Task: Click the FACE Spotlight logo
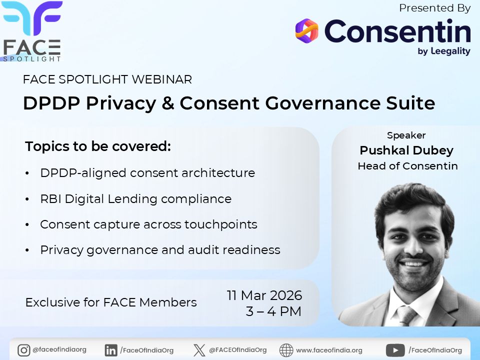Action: point(32,31)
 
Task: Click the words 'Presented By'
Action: point(435,8)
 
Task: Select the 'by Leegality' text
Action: point(443,51)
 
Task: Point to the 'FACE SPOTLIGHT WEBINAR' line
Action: point(107,79)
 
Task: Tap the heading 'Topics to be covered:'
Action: point(98,147)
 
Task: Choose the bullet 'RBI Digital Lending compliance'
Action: point(135,199)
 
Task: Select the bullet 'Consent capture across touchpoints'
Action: point(148,224)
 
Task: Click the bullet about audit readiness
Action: point(160,250)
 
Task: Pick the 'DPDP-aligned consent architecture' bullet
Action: point(147,173)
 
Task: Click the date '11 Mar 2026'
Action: point(264,295)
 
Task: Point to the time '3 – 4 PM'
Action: point(273,311)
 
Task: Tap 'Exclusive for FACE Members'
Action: point(111,302)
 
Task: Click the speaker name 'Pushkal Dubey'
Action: point(406,150)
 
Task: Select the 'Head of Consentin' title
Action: point(407,166)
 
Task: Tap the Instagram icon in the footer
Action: point(23,350)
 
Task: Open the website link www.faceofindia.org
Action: point(329,350)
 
